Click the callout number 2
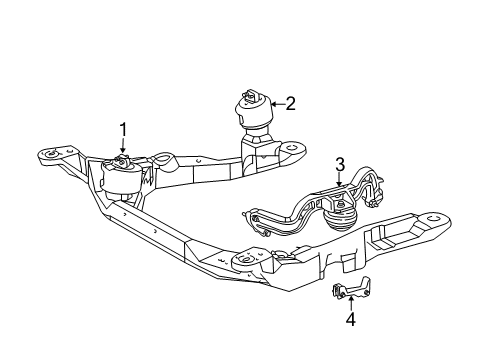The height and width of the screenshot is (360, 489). [x=290, y=101]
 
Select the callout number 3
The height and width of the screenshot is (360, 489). [x=339, y=164]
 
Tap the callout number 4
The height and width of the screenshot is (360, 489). [x=350, y=320]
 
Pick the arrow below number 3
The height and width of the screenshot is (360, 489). [x=339, y=180]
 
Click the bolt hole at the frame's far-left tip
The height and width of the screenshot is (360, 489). [x=46, y=156]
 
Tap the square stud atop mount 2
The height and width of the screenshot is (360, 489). [x=247, y=96]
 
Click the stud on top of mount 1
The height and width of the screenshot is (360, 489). [x=122, y=159]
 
